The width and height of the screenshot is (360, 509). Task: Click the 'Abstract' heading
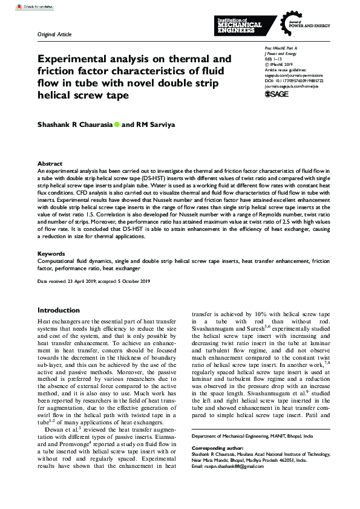(50, 164)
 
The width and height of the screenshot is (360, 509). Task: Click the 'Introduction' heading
(63, 310)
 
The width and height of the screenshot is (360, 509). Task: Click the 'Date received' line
(94, 282)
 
